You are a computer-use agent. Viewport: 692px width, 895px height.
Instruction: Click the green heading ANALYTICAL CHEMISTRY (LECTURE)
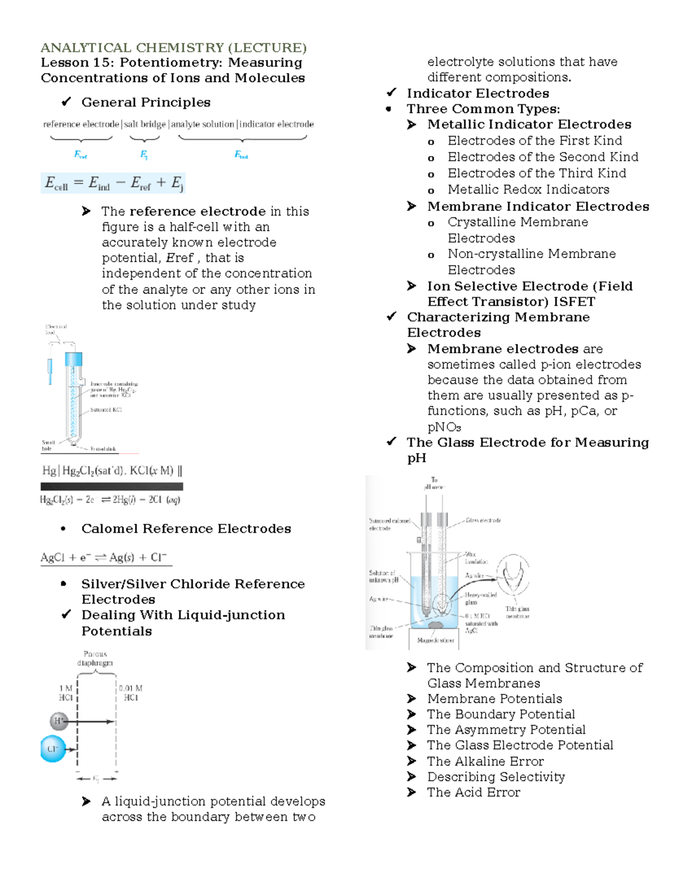173,47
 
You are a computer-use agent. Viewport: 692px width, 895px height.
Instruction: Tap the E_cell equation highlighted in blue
113,183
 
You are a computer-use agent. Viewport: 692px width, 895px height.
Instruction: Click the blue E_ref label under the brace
80,154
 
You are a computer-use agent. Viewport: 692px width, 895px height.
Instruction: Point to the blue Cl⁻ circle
53,749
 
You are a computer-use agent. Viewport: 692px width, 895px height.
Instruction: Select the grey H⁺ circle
59,720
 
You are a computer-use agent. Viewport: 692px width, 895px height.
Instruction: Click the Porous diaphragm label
95,658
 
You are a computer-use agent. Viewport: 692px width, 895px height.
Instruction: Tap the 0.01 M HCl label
130,693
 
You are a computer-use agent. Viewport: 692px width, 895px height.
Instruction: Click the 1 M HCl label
66,693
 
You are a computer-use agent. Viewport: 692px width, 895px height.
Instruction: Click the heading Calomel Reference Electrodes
186,528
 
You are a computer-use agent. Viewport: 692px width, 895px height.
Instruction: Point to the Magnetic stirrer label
435,640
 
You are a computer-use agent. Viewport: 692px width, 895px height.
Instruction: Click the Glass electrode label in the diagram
483,520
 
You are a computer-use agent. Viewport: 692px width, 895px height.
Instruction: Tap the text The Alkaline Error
485,761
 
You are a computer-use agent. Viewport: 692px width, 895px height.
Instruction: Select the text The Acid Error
473,792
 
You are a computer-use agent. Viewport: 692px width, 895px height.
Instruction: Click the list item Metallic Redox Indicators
528,190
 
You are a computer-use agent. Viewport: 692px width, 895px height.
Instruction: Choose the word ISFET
574,301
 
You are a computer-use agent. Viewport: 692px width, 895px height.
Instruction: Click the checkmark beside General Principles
66,102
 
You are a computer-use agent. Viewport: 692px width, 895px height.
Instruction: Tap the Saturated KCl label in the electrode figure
106,410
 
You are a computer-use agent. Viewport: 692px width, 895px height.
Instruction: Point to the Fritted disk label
103,449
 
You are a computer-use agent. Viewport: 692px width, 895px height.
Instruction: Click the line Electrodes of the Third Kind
536,173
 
